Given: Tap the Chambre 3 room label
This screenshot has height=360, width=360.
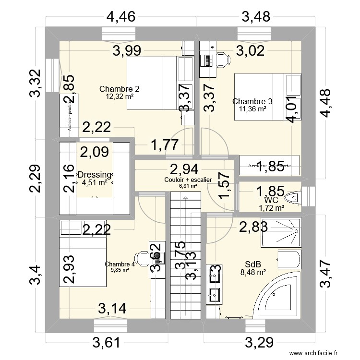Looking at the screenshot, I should pos(252,101).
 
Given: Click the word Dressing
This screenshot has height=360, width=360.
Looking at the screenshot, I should pos(95,175).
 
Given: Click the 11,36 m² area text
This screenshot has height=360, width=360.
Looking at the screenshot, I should pos(252,109).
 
